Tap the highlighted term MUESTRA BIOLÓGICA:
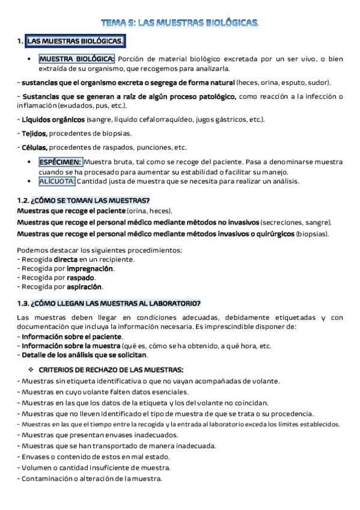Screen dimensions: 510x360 (76, 59)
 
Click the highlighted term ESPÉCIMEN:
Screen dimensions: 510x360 (60, 162)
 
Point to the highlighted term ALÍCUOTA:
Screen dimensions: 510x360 (57, 181)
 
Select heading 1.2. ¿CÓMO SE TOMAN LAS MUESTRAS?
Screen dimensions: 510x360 (84, 200)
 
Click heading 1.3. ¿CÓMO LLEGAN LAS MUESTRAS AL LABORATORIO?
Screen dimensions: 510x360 (109, 303)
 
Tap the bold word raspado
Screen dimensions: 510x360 (81, 278)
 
